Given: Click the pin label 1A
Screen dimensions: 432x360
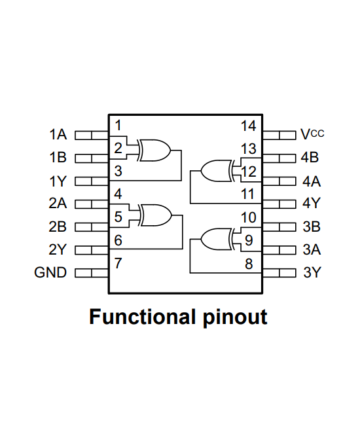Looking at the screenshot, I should pos(58,135).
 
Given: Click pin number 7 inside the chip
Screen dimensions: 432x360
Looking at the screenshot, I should pos(118,264).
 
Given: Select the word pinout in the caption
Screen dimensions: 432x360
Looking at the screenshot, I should pos(232,317).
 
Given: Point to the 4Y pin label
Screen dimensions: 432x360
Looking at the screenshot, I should pos(312,204).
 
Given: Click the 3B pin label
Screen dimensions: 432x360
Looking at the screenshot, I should pos(312,227).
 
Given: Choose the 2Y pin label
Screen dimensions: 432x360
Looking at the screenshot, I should pos(58,249).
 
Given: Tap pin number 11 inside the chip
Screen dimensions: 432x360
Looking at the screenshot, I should pos(248,194).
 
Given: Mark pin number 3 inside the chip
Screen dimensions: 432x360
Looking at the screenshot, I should pos(118,171).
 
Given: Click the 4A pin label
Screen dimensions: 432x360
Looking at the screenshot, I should pos(312,181).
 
